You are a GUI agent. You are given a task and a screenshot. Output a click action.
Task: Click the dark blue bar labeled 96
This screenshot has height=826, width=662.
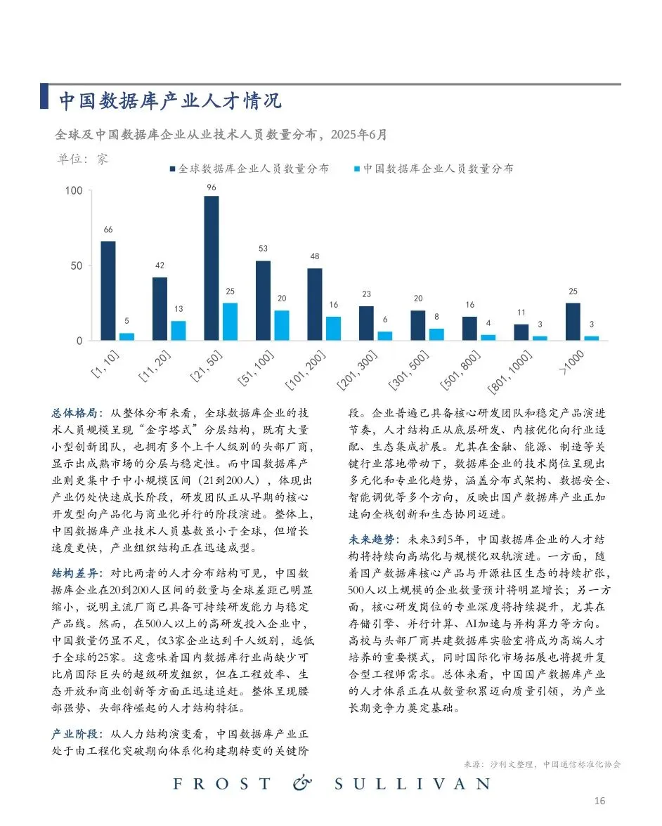212,268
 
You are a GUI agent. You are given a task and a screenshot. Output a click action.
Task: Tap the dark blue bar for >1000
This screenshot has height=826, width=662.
573,322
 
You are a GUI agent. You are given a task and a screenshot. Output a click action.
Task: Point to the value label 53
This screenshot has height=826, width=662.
263,249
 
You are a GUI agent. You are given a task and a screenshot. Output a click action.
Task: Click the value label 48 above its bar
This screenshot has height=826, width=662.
314,256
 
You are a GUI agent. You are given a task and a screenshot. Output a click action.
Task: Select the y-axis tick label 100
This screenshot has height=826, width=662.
74,191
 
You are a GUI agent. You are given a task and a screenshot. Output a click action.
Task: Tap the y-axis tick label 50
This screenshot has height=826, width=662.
77,266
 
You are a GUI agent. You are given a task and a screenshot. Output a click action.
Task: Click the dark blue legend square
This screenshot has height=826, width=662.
172,169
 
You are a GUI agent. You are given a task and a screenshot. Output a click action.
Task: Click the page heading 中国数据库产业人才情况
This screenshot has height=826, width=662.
169,101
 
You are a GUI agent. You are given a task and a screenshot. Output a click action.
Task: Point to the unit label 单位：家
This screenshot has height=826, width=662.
82,159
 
